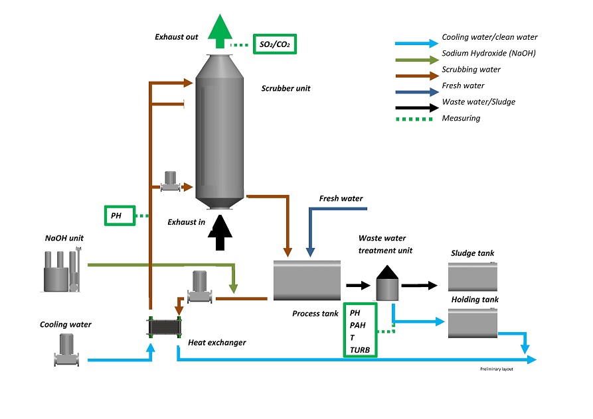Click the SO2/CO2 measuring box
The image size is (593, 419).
[275, 45]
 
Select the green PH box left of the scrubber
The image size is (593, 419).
[120, 215]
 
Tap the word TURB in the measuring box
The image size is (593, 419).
[360, 349]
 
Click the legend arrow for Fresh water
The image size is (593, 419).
[414, 86]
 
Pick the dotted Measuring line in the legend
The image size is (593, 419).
[414, 119]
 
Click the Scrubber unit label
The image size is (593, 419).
[286, 88]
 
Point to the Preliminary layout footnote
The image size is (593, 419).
[497, 369]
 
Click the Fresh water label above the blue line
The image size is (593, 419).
[341, 199]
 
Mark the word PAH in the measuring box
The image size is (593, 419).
[358, 325]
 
